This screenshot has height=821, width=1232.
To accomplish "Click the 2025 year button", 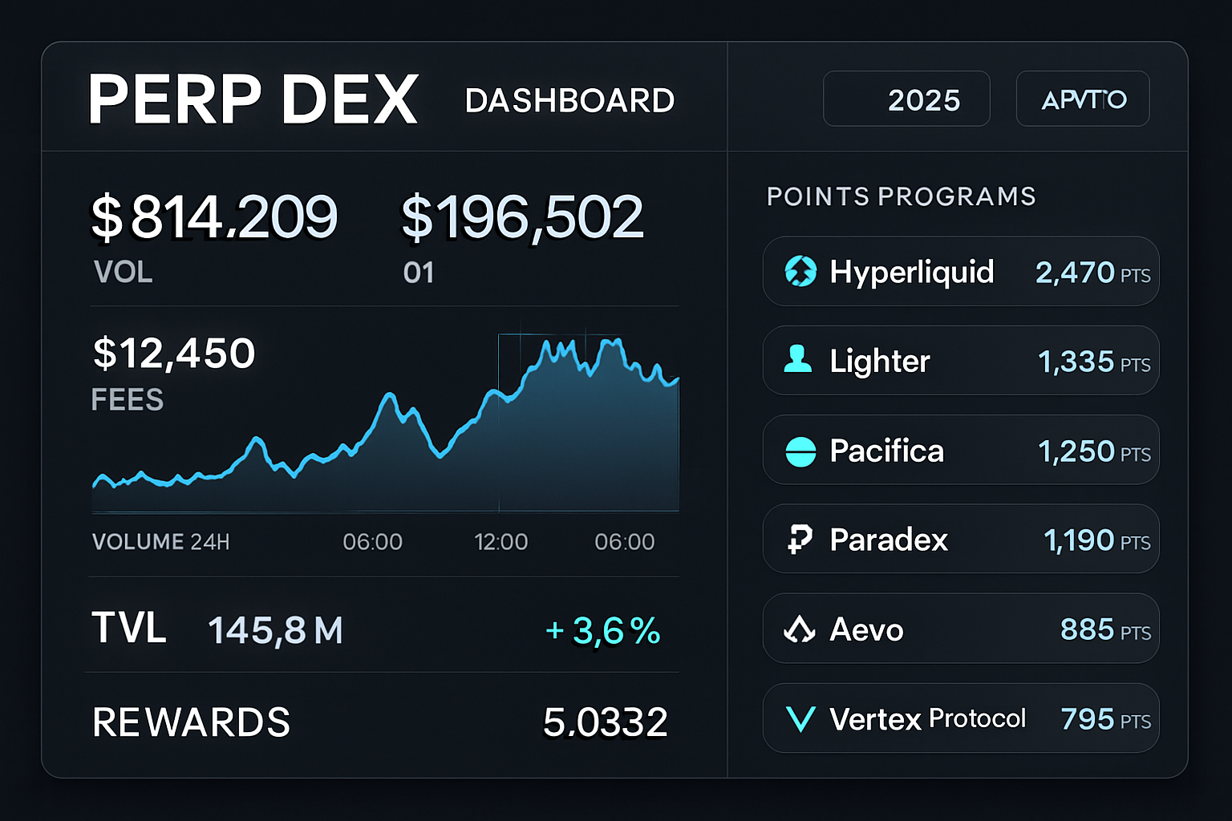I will (906, 99).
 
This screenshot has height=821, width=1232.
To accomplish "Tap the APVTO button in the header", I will (1083, 99).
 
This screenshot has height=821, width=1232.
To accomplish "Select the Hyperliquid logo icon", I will (800, 272).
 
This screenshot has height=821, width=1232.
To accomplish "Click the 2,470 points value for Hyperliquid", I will (1075, 273).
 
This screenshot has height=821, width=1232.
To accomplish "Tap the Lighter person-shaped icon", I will (798, 360).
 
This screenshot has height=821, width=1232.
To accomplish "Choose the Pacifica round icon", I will (800, 451).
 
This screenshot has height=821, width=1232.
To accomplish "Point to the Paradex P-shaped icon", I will (800, 540).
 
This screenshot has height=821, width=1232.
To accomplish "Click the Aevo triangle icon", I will (799, 630).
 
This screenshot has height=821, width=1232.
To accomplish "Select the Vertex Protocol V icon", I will (800, 719).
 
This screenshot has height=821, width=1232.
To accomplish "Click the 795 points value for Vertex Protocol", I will (1087, 719).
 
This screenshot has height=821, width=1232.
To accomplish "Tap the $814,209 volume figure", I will (214, 217).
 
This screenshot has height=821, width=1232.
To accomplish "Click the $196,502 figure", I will (522, 217).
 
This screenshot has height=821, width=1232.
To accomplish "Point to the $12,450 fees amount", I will (174, 354).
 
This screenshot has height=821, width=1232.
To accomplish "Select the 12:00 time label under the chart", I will (500, 542).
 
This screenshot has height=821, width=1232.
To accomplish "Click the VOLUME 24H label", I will (160, 542).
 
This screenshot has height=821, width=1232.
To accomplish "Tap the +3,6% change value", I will (603, 631).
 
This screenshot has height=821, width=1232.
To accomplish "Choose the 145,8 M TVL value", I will (275, 631).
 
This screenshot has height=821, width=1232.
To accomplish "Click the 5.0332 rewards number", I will (605, 722).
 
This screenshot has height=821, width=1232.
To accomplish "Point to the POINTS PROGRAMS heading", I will (901, 196).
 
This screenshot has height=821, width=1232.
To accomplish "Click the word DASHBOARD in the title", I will (569, 101).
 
